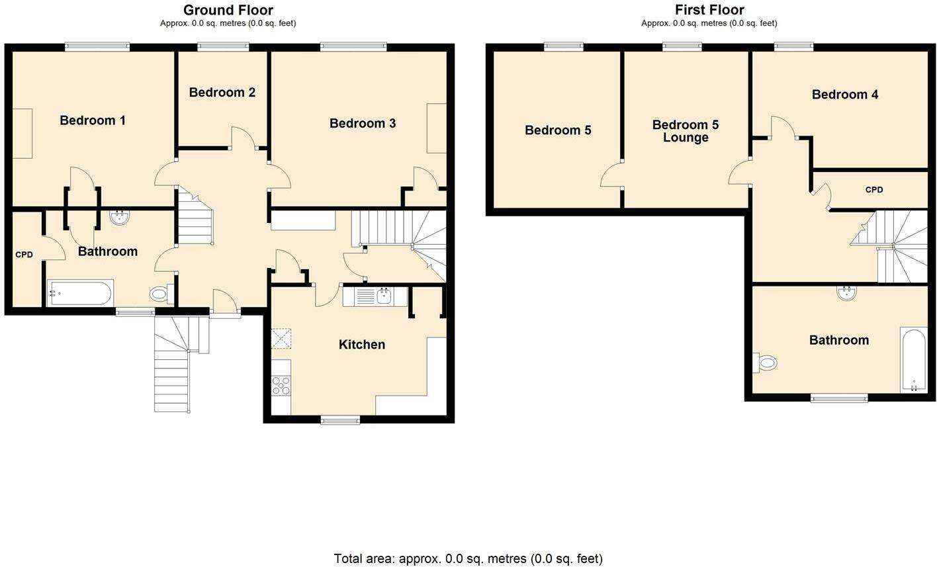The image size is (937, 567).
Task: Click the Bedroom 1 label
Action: [x=93, y=120]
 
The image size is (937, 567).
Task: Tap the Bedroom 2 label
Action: [x=222, y=93]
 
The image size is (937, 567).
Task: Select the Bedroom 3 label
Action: [x=363, y=123]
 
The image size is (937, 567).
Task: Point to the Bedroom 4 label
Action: [x=845, y=95]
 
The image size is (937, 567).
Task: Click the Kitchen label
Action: [x=362, y=345]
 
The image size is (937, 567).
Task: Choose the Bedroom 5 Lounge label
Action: [x=686, y=131]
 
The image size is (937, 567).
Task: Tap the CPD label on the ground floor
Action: [x=24, y=255]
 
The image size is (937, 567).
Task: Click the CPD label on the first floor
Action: [x=874, y=190]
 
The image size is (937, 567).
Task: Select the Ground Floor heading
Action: [x=228, y=10]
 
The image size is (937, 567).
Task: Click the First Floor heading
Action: [x=709, y=10]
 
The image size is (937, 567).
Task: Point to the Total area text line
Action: [x=468, y=558]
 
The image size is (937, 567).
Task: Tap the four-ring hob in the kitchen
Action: [x=281, y=386]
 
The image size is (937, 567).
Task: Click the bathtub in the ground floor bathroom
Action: [x=80, y=293]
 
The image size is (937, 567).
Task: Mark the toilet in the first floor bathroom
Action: [x=765, y=363]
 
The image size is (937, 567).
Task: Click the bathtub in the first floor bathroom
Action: [x=914, y=361]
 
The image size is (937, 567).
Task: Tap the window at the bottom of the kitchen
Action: [x=340, y=420]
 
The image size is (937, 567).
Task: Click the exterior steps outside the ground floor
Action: [x=181, y=364]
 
